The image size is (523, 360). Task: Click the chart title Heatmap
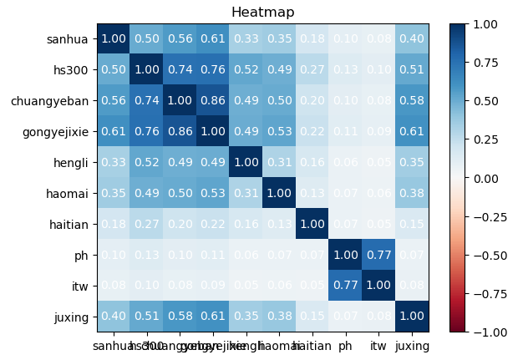pyautogui.click(x=262, y=12)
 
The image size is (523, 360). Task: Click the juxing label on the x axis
pyautogui.click(x=412, y=344)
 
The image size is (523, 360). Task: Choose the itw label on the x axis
pyautogui.click(x=379, y=344)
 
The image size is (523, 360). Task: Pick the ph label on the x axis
pyautogui.click(x=347, y=344)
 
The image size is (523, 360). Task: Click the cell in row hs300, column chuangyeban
pyautogui.click(x=179, y=70)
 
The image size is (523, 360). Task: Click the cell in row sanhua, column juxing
pyautogui.click(x=412, y=39)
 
